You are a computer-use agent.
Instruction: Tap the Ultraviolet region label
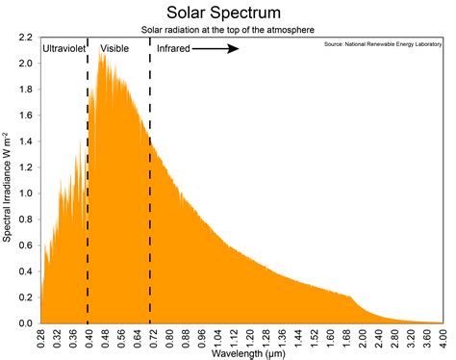63,47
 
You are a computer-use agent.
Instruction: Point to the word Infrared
173,47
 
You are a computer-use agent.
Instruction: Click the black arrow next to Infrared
217,47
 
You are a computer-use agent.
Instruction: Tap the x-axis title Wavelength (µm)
241,353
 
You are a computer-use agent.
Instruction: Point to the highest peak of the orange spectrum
102,56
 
